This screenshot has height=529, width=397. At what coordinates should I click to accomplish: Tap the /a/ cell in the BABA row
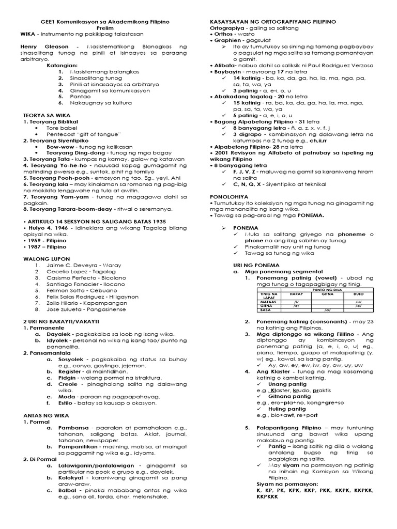point(327,310)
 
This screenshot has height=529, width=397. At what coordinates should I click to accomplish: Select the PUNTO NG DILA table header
point(327,290)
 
